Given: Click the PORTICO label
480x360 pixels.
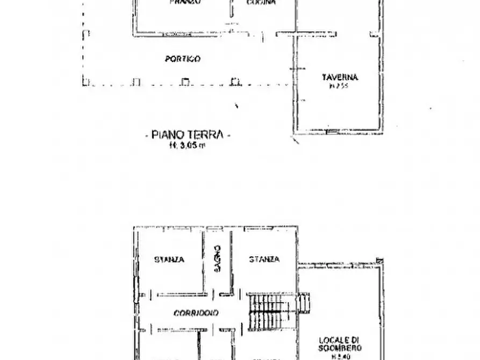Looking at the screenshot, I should [x=183, y=59].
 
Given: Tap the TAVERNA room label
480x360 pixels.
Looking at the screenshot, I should [x=340, y=77].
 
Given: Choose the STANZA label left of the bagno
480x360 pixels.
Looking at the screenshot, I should [x=169, y=260].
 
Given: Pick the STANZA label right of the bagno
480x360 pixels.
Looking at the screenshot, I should [x=264, y=260].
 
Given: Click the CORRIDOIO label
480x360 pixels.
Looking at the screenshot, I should [x=196, y=313].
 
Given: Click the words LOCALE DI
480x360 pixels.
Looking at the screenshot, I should [x=339, y=340].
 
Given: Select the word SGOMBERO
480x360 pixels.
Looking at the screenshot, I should [x=340, y=348].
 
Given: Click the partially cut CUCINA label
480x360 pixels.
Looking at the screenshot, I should [x=261, y=3].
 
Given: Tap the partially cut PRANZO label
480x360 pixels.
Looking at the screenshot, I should [x=185, y=3].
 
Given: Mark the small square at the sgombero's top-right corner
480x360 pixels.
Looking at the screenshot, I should [x=381, y=261].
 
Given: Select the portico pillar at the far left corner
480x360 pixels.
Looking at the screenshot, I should [x=85, y=82].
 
